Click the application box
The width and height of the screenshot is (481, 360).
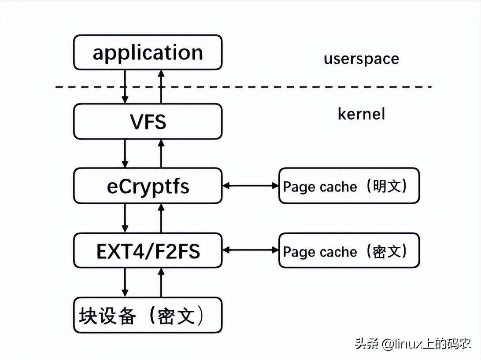[x=148, y=52]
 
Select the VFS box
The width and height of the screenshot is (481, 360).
[x=148, y=121]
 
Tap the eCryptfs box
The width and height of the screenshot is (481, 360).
[x=148, y=186]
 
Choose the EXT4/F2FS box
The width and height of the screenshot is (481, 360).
[x=148, y=251]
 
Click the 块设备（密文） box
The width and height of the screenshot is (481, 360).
[x=148, y=315]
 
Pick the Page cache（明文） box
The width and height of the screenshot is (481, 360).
[x=349, y=186]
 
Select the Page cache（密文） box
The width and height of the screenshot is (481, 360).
[x=349, y=251]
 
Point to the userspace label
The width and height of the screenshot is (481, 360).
[x=361, y=59]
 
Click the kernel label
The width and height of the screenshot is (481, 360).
[x=361, y=114]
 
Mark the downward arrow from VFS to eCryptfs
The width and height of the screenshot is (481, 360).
[x=125, y=154]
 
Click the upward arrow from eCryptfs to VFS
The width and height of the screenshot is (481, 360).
[x=161, y=154]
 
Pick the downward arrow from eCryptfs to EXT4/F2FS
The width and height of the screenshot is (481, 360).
[x=125, y=218]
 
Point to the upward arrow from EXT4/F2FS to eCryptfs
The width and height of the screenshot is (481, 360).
[x=161, y=218]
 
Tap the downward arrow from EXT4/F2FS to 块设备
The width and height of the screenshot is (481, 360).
[x=125, y=283]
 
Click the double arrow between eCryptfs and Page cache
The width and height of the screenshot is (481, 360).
[x=251, y=186]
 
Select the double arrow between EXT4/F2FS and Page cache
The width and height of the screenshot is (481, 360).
[x=251, y=250]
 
